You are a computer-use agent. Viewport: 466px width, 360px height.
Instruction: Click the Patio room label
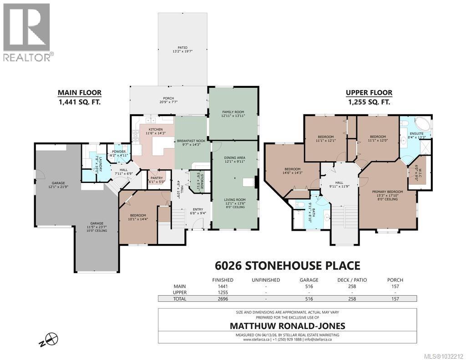tap(182, 49)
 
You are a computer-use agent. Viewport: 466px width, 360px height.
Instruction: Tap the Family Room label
tap(233, 113)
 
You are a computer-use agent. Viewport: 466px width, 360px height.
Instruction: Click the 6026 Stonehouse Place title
tap(287, 266)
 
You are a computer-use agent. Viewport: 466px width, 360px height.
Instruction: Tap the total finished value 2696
tap(223, 299)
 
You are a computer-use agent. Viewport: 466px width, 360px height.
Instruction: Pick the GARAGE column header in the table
tap(309, 280)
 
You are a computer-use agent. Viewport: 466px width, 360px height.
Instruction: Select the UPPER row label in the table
tap(167, 292)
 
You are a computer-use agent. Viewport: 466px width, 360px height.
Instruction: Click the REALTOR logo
tap(27, 32)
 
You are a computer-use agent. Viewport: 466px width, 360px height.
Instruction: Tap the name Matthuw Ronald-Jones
tap(287, 325)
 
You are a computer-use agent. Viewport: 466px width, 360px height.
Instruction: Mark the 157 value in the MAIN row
tap(395, 286)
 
